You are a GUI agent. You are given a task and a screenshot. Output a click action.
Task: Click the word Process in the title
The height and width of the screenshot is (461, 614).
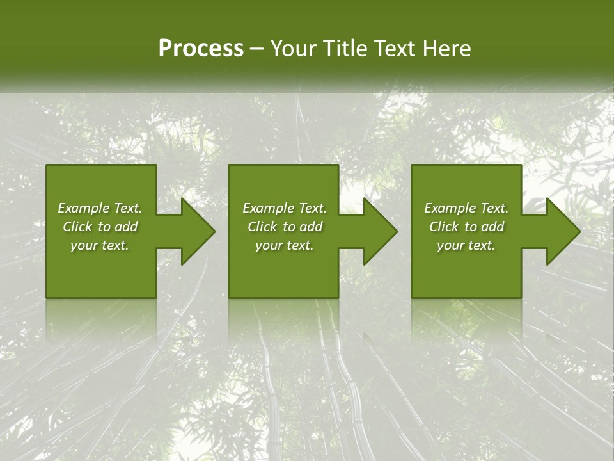(x=201, y=49)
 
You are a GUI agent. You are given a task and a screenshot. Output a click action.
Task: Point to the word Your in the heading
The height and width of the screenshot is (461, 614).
(x=292, y=49)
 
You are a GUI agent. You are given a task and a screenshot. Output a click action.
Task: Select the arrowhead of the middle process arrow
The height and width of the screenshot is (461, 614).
(x=379, y=232)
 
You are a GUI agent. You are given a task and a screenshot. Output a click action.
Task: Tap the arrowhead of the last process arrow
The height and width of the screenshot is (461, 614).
(x=562, y=232)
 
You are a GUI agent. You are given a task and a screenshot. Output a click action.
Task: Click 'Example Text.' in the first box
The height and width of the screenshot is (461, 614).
(x=100, y=208)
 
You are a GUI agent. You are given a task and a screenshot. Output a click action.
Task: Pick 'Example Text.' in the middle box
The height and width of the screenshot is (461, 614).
(x=285, y=208)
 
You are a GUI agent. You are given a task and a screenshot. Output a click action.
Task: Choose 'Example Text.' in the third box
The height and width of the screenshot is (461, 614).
(x=466, y=208)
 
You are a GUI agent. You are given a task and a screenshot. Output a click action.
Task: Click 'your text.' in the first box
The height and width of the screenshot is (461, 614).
(x=100, y=245)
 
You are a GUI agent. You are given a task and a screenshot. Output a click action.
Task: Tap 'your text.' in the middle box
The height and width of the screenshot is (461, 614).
(x=285, y=245)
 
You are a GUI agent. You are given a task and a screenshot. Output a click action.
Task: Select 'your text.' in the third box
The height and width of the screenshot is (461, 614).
(x=466, y=245)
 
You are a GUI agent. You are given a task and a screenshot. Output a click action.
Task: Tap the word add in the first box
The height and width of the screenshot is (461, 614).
(x=125, y=227)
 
